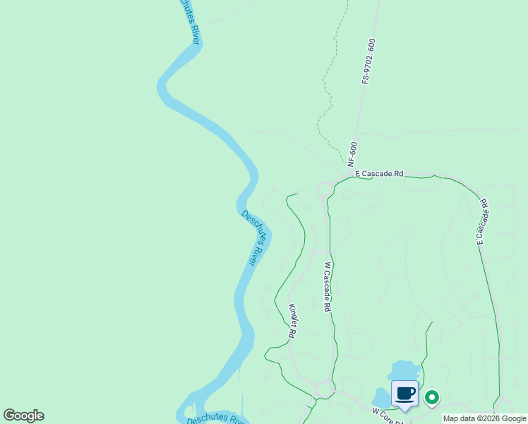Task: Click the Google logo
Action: (23, 416)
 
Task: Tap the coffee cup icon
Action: (404, 394)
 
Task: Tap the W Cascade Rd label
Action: (328, 288)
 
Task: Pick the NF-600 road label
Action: (352, 153)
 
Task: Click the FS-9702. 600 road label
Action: (368, 61)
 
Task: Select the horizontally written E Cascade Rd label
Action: (379, 173)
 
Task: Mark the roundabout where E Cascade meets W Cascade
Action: (325, 189)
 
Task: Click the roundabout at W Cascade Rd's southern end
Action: (325, 388)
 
